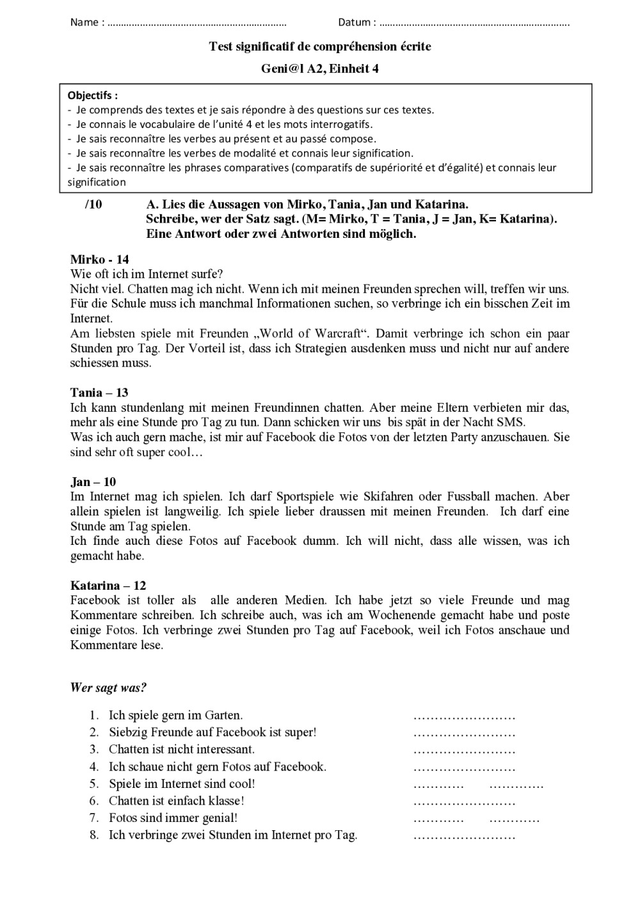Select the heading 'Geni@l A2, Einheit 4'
click(319, 69)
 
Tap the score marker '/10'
click(93, 205)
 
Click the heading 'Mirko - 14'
click(99, 259)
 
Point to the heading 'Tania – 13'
click(99, 393)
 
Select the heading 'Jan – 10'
click(93, 482)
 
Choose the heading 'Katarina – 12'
click(108, 585)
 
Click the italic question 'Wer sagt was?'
click(108, 688)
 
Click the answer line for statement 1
click(464, 716)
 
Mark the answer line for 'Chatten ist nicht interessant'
click(464, 750)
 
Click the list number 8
click(93, 835)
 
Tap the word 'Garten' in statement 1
click(223, 716)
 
